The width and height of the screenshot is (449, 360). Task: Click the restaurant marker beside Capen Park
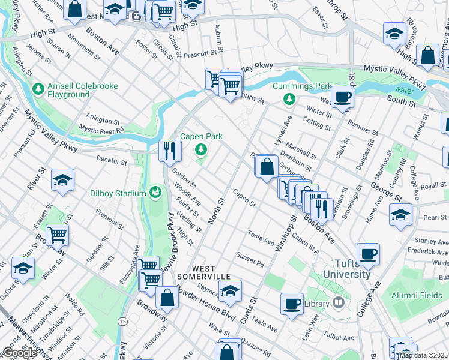click(x=170, y=150)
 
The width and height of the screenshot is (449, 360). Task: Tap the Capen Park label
click(x=202, y=137)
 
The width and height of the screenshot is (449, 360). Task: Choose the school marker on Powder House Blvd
click(x=229, y=290)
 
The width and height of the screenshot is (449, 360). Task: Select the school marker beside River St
click(x=62, y=181)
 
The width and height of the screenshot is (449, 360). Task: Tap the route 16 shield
click(x=122, y=322)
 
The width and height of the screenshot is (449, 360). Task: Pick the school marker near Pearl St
click(x=400, y=214)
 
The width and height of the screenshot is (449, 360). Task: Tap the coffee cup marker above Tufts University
click(x=368, y=253)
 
